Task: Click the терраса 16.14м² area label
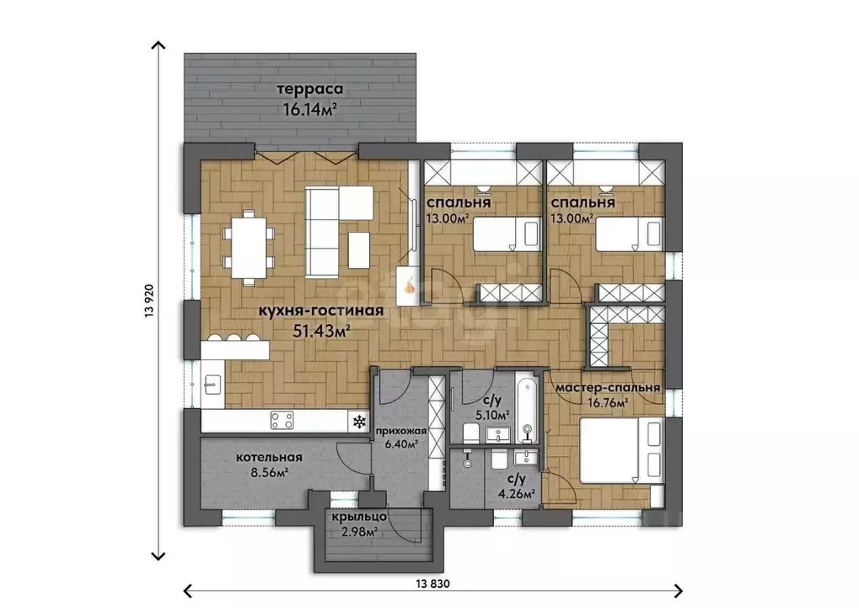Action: click(310, 99)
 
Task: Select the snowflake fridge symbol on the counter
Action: click(359, 422)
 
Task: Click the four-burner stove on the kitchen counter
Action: click(282, 421)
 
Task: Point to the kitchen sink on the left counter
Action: click(212, 384)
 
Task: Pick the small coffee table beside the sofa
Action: click(359, 250)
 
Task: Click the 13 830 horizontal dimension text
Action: click(432, 584)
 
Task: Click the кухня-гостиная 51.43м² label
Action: click(320, 320)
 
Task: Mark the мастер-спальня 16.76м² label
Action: click(608, 395)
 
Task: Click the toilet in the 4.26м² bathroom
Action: click(498, 459)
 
